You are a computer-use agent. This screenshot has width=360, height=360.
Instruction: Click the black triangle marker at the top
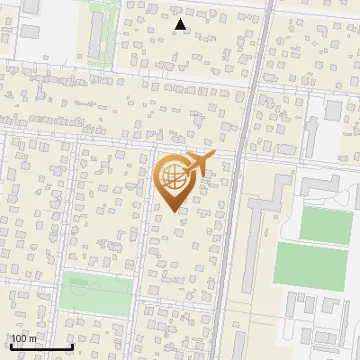tap(181, 25)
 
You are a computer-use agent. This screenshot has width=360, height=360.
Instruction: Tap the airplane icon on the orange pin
tap(197, 164)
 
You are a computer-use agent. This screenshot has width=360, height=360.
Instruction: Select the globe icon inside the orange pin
tap(172, 177)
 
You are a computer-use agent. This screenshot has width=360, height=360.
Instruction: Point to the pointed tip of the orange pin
tap(173, 211)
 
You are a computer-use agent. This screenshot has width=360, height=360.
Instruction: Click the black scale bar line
tap(41, 346)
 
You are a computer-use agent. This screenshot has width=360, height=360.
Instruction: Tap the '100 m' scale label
tap(24, 338)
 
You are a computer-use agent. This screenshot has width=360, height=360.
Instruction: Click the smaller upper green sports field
tap(325, 225)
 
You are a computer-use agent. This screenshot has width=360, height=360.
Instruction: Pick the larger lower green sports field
tap(310, 266)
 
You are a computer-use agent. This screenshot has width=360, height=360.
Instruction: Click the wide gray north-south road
tap(236, 180)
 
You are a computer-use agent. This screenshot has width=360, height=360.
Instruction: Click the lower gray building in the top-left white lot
tap(31, 31)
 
